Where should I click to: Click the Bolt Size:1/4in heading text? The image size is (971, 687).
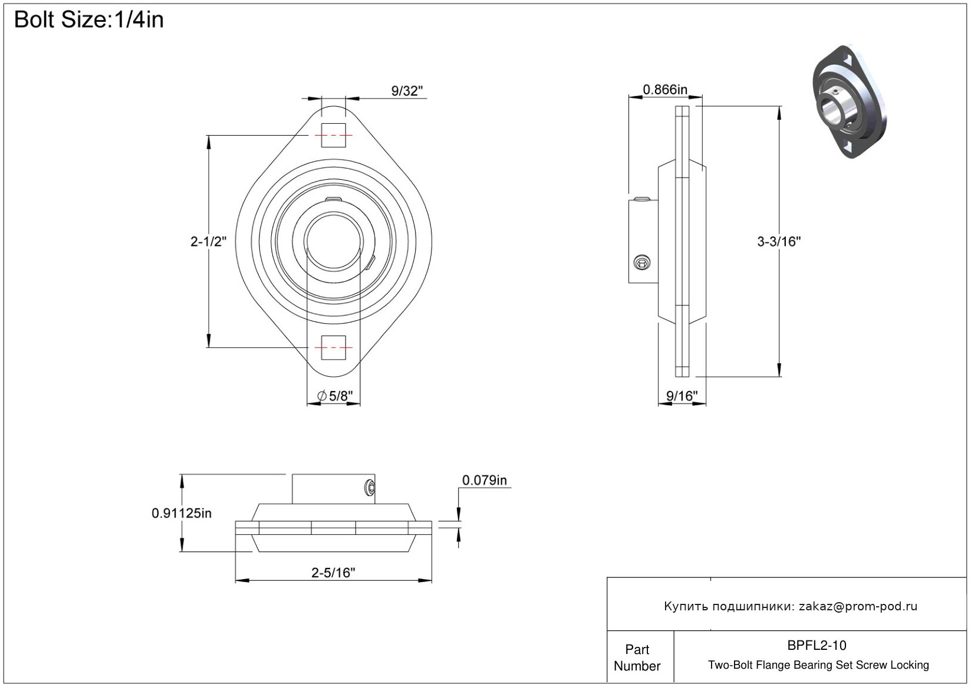(x=89, y=20)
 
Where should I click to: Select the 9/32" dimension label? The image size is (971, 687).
(x=407, y=91)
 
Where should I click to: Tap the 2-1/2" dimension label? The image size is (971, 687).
(x=208, y=241)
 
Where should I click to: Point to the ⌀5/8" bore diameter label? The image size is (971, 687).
(x=335, y=396)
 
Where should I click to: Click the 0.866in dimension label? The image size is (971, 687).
(x=665, y=90)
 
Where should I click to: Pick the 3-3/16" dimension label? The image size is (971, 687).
(x=779, y=241)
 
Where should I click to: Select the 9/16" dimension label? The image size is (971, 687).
(x=682, y=396)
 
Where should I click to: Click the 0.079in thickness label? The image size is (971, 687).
(x=484, y=480)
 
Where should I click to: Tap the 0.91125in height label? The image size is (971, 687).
(x=182, y=513)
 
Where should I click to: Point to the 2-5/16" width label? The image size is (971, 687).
(x=333, y=573)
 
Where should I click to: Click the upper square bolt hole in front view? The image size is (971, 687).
(x=333, y=135)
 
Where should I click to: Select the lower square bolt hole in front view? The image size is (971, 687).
(x=333, y=347)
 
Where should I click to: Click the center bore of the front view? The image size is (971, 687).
(x=333, y=242)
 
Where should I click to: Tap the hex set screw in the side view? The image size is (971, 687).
(x=642, y=263)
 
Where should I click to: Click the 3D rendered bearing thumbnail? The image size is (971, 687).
(x=849, y=101)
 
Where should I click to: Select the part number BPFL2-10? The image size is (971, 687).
(x=817, y=645)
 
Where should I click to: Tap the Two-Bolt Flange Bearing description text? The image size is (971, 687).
(x=818, y=665)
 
